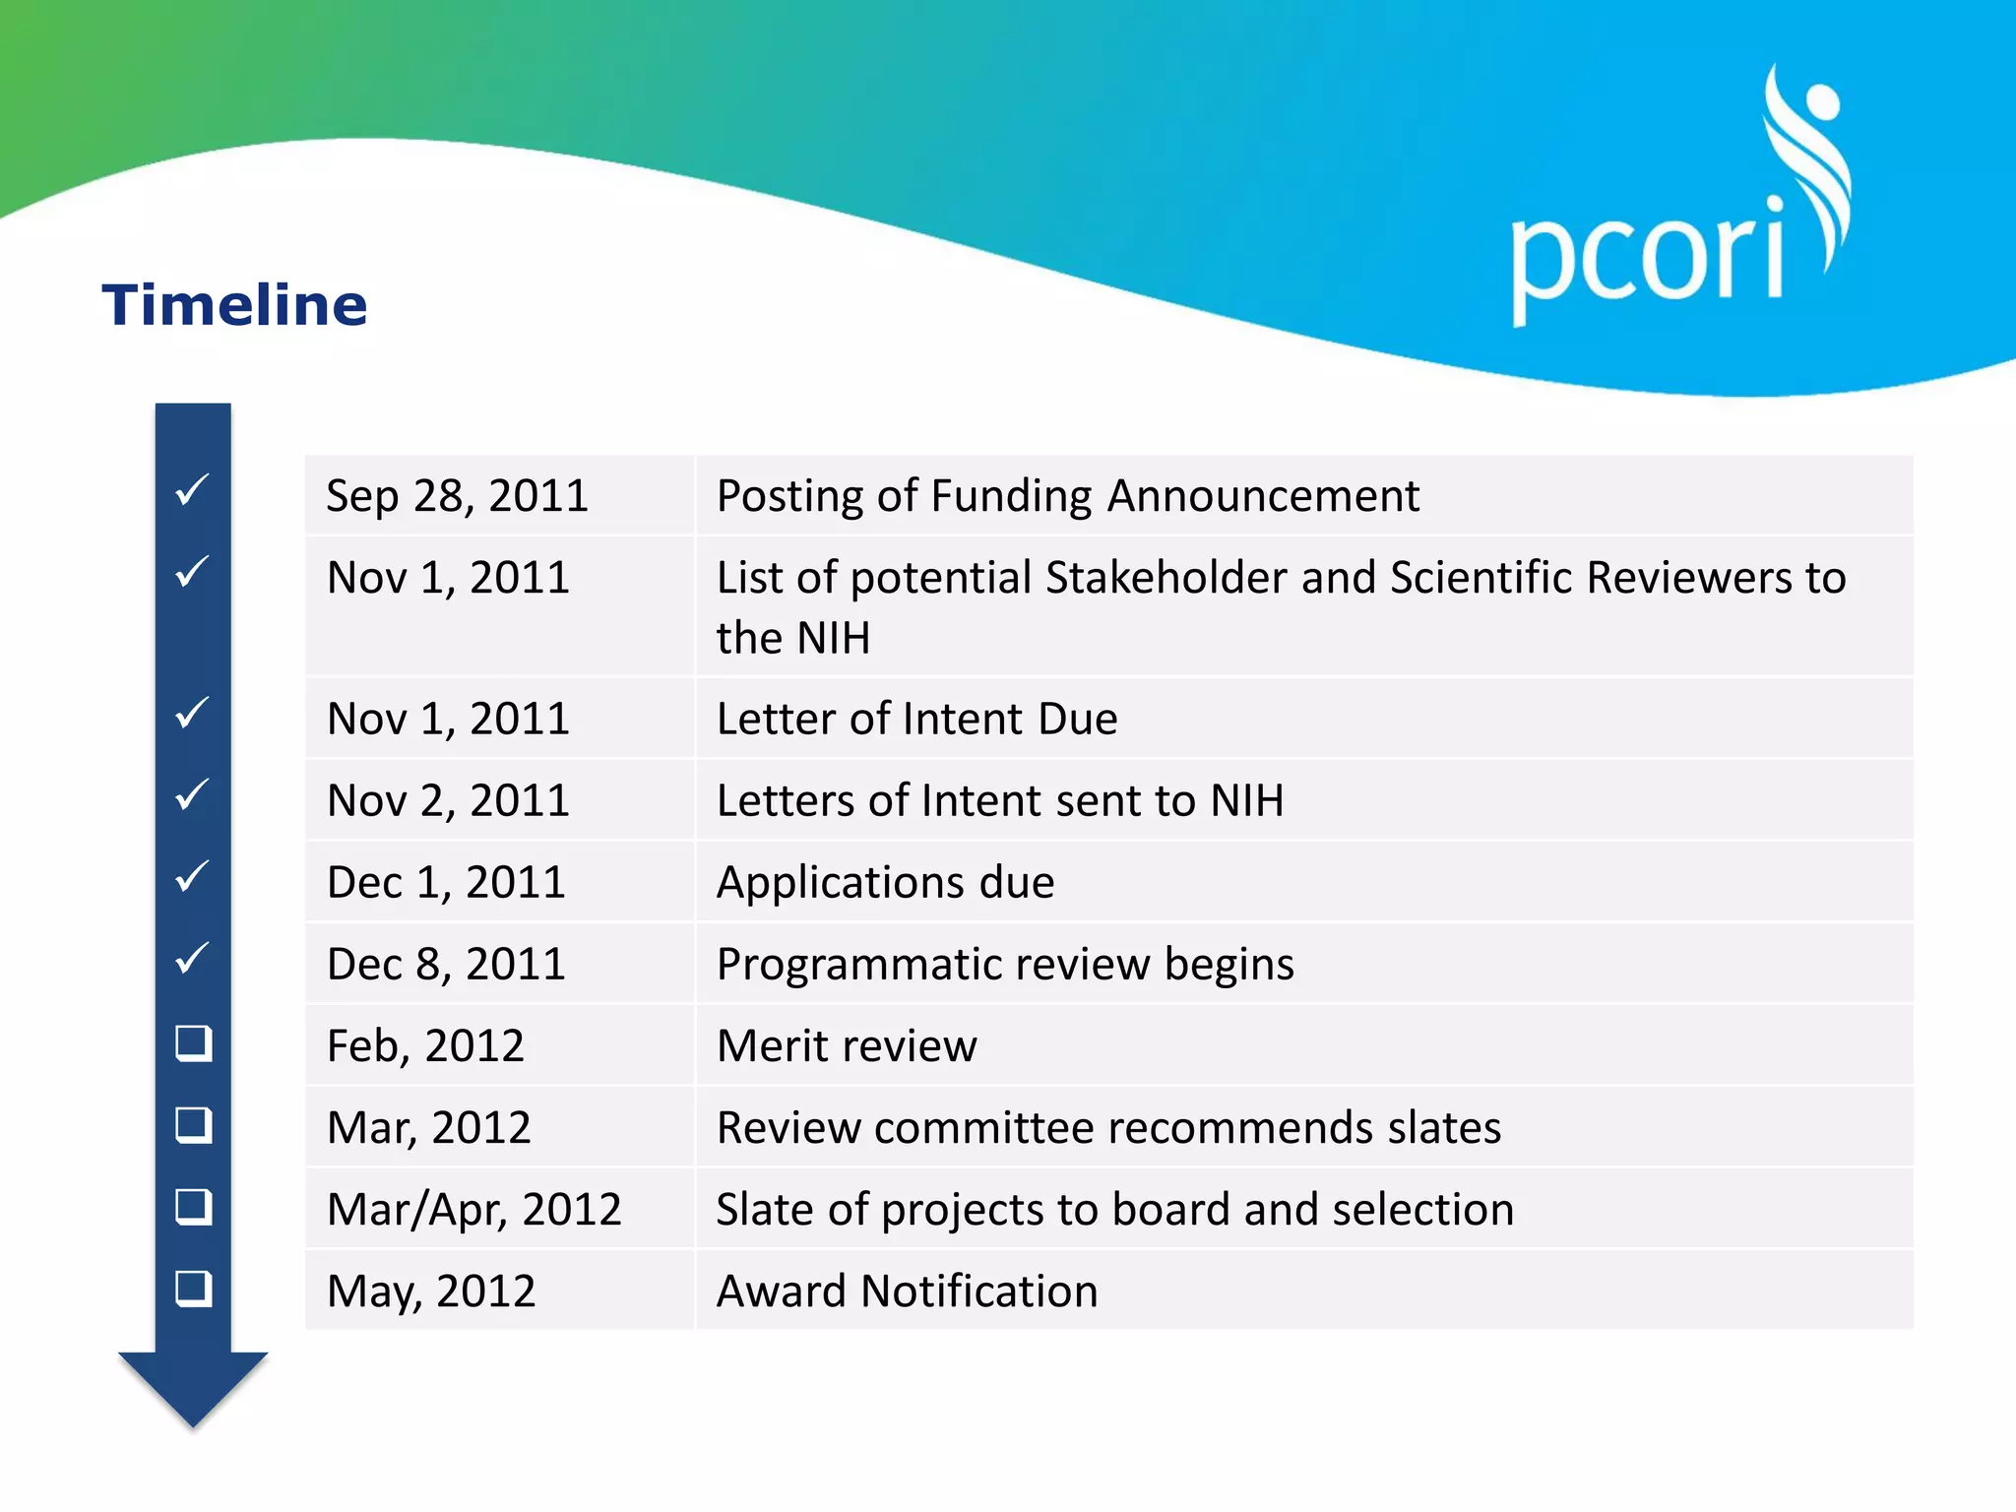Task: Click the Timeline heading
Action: pos(234,305)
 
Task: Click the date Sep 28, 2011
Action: pos(457,496)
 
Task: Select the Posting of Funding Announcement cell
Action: pos(1067,496)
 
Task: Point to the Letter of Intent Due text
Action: pos(916,720)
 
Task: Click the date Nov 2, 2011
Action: pos(448,801)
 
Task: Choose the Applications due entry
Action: pos(885,883)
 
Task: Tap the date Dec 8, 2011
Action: pos(446,965)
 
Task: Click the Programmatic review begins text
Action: pos(1004,965)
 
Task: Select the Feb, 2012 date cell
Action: pos(425,1046)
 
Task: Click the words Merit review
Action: pos(847,1046)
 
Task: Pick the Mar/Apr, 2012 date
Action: pos(473,1210)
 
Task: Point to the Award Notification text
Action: pos(907,1291)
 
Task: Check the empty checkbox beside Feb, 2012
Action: pos(193,1043)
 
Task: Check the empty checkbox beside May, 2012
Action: pos(193,1289)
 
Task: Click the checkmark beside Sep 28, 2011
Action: pos(192,489)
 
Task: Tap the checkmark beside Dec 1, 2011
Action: pos(192,876)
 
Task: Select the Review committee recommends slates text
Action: pos(1108,1128)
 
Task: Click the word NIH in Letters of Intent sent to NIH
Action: pos(1247,801)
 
